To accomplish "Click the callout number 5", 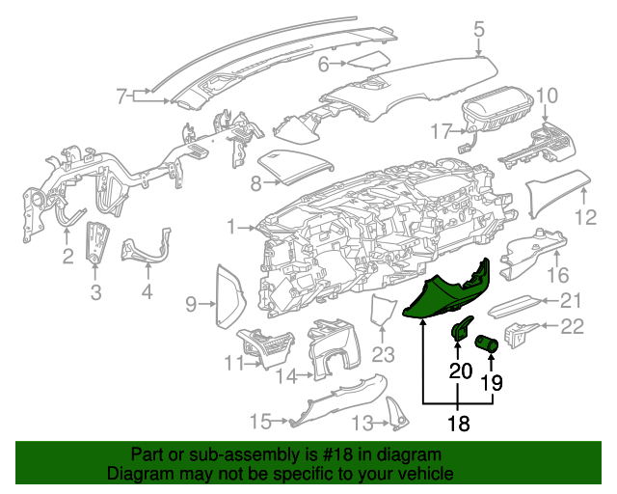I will (x=479, y=30).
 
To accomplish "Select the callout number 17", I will (x=441, y=131).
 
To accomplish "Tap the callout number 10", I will (x=547, y=95).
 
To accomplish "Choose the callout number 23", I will (x=384, y=355).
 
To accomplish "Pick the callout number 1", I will (x=231, y=228).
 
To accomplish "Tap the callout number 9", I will (x=191, y=305).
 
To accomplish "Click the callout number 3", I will (x=95, y=292).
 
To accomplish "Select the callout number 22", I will (x=573, y=327).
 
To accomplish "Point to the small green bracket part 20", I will (x=461, y=331).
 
